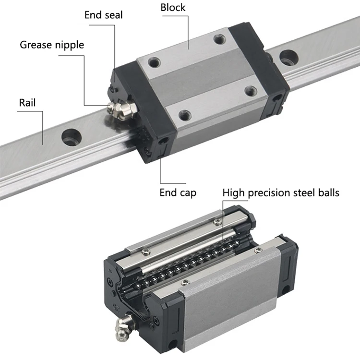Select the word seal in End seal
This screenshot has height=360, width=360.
[112, 15]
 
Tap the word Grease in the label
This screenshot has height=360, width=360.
[36, 45]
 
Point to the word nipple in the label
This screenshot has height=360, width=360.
[69, 46]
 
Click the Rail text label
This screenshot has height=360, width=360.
[27, 102]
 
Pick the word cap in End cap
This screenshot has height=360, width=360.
[187, 193]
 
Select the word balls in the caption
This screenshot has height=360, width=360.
[327, 193]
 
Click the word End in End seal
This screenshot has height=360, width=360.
[93, 15]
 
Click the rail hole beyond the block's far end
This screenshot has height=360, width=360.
[288, 56]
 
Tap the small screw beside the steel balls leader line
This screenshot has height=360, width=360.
[217, 221]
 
